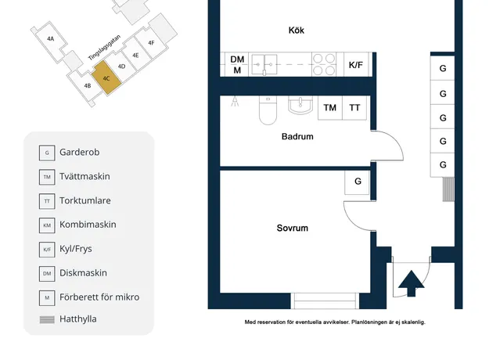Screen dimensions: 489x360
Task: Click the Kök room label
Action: (297, 31)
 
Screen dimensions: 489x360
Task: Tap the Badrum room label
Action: (297, 136)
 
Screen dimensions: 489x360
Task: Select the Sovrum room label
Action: (292, 228)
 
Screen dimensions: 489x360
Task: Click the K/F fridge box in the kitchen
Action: (355, 65)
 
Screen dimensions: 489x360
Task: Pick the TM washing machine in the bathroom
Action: (330, 108)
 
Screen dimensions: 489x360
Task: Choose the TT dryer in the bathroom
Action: (354, 108)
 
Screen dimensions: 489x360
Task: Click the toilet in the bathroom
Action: (268, 110)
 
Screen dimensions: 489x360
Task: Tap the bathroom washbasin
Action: (300, 105)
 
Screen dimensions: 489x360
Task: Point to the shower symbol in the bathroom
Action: (235, 101)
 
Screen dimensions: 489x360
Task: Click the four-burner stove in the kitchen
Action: (324, 65)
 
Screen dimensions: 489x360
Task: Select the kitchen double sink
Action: (264, 65)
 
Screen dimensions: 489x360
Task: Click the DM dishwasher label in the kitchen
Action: (237, 59)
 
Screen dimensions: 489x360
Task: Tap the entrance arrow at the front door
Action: (412, 283)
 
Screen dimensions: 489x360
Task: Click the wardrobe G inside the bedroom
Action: (358, 182)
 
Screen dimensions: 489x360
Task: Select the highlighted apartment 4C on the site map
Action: (106, 77)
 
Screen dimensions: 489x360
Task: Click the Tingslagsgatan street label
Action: (104, 48)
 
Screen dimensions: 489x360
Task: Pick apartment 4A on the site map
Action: (51, 38)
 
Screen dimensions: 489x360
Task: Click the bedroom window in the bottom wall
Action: (325, 301)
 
